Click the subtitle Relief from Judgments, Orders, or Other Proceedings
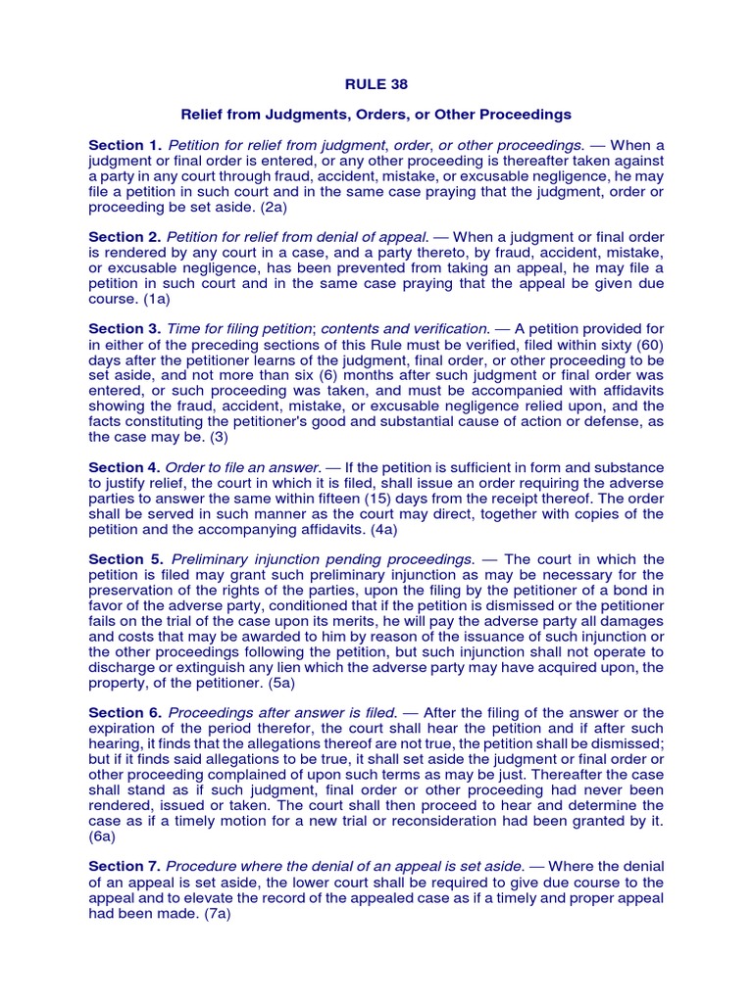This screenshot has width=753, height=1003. coord(376,115)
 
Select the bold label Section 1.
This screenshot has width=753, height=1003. coord(125,145)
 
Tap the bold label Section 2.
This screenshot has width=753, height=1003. coord(125,237)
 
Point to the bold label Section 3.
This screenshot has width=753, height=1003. coord(125,328)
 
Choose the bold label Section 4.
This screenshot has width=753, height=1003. coord(125,467)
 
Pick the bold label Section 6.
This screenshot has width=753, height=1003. coord(125,712)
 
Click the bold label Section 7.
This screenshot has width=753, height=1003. coord(125,866)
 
